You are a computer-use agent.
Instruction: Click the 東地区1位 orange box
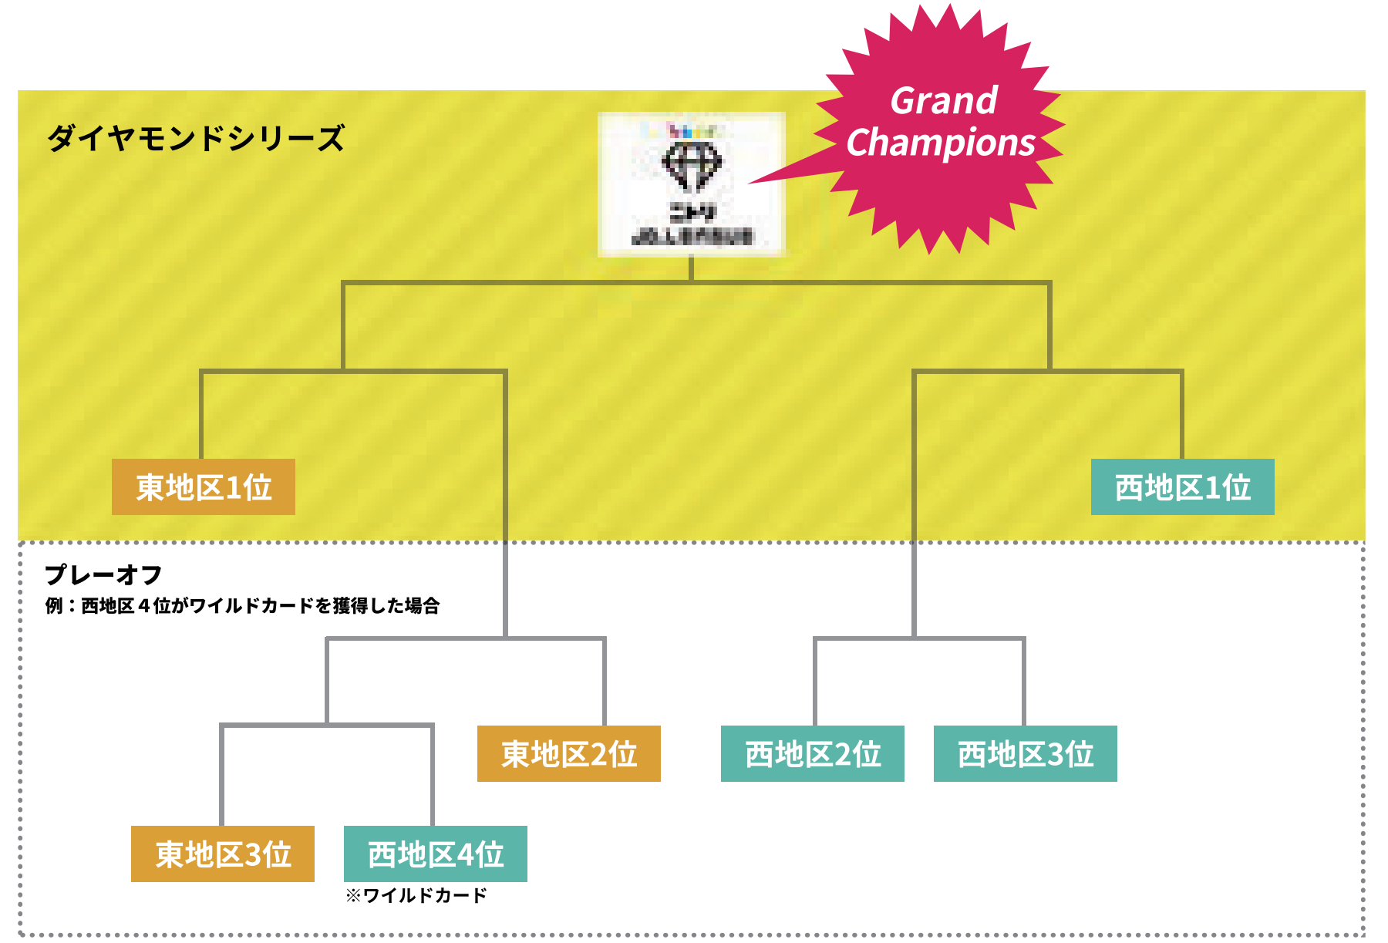click(x=204, y=487)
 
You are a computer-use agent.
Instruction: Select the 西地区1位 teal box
click(x=1182, y=487)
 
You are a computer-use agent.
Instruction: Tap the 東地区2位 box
click(x=569, y=754)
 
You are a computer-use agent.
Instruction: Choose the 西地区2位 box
click(x=813, y=754)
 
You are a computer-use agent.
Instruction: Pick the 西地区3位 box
click(x=1026, y=754)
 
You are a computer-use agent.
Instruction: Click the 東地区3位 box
click(x=223, y=854)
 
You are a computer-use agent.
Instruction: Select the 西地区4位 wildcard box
click(x=436, y=854)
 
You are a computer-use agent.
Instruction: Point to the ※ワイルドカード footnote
click(x=416, y=895)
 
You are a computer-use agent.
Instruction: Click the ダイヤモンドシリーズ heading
click(x=196, y=139)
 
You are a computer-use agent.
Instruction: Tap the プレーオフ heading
click(x=103, y=574)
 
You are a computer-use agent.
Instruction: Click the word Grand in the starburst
click(x=944, y=101)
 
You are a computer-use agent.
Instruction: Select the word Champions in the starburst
click(x=941, y=143)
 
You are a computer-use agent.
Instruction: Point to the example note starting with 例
click(x=242, y=606)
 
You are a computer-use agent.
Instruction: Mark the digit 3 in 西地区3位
click(x=1056, y=755)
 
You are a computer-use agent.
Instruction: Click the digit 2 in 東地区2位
click(x=599, y=755)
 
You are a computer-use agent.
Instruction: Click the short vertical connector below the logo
click(x=692, y=268)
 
